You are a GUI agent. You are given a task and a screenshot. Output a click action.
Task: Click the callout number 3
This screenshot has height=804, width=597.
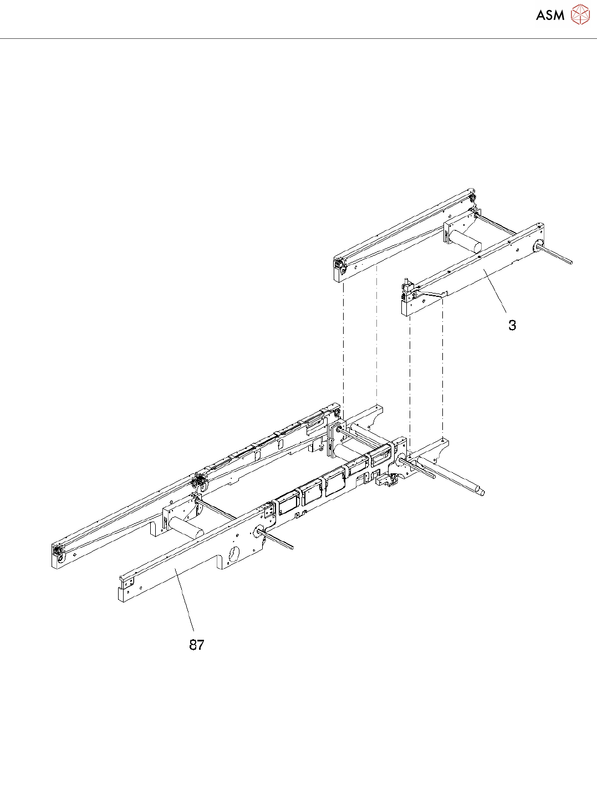pyautogui.click(x=512, y=325)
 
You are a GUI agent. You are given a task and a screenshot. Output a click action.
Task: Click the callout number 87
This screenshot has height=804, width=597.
pyautogui.click(x=197, y=645)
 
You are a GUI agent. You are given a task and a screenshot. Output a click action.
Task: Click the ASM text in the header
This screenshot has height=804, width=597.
pyautogui.click(x=550, y=15)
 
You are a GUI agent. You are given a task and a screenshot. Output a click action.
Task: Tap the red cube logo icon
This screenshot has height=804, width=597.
pyautogui.click(x=580, y=14)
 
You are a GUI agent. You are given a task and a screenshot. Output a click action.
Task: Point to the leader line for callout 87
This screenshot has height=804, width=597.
pyautogui.click(x=185, y=599)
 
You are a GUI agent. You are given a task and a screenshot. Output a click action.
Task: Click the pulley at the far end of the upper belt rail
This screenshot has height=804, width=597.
pyautogui.click(x=472, y=199)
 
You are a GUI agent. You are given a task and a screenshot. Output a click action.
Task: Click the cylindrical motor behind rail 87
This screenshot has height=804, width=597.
pyautogui.click(x=186, y=527)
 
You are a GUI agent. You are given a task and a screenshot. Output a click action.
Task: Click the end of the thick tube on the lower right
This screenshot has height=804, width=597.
pyautogui.click(x=481, y=491)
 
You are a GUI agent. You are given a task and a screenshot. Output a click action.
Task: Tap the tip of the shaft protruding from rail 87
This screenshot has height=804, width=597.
pyautogui.click(x=291, y=547)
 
